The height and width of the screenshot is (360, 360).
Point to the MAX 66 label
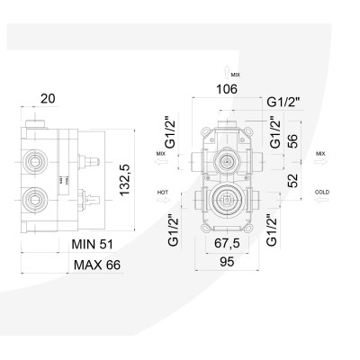(x=96, y=266)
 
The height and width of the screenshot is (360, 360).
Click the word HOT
(x=161, y=192)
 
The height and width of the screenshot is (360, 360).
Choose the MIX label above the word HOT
(x=161, y=154)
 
